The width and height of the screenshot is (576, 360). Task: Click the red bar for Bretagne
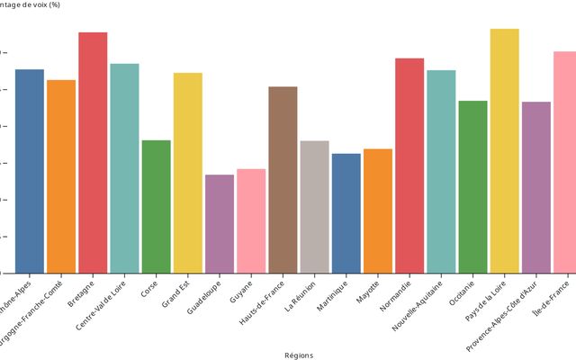click(93, 153)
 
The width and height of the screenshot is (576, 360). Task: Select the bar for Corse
click(156, 207)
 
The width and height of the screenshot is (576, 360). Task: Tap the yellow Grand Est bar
click(188, 173)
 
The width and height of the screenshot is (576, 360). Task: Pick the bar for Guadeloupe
click(220, 224)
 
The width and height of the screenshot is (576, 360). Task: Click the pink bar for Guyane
click(251, 221)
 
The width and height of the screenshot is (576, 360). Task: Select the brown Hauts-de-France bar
click(283, 180)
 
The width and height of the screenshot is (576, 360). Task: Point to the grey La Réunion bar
click(314, 207)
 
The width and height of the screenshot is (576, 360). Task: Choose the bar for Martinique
click(346, 213)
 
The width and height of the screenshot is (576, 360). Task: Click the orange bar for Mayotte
click(378, 211)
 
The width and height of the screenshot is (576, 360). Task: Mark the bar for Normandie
click(409, 166)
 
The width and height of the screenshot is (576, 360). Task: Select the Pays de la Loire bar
click(504, 151)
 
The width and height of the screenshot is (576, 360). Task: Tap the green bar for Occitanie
click(472, 187)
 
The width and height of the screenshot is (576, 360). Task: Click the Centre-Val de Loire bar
click(124, 168)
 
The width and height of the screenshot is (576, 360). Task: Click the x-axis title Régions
click(299, 355)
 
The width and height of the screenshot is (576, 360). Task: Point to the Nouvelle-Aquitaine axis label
click(418, 305)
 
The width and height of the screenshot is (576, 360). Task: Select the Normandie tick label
click(396, 294)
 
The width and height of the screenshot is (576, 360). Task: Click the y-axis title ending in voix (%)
click(36, 5)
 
